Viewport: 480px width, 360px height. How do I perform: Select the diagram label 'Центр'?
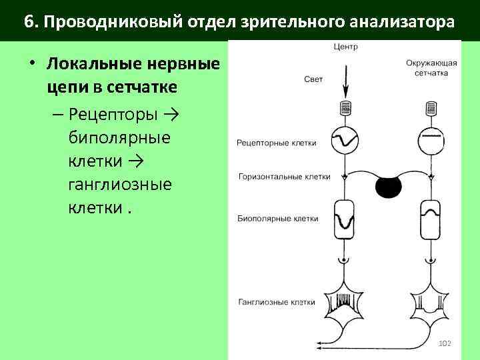344,47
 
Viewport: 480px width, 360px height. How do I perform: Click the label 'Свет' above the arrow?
313,79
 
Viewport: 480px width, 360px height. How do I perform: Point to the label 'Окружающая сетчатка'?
430,68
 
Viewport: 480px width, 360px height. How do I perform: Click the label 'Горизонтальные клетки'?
284,177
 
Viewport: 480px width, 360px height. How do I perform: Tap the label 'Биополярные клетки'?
277,218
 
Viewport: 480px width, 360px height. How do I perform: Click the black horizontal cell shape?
388,188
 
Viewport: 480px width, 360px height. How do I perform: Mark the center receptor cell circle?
345,140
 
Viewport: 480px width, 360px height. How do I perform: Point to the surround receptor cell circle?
430,140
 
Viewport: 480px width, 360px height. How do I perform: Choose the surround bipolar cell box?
430,219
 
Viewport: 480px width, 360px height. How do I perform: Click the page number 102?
445,343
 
